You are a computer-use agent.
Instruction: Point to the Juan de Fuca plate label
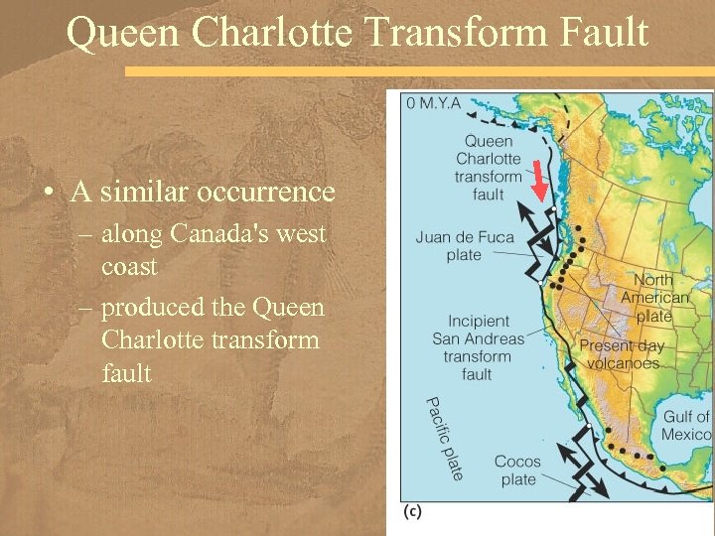tap(463, 245)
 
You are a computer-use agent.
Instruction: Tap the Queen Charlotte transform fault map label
tap(488, 168)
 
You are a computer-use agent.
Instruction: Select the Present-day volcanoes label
tap(622, 354)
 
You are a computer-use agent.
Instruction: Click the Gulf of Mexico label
tap(687, 426)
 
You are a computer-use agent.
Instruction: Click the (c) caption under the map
tap(414, 511)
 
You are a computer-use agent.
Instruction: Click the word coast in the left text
tap(128, 268)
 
